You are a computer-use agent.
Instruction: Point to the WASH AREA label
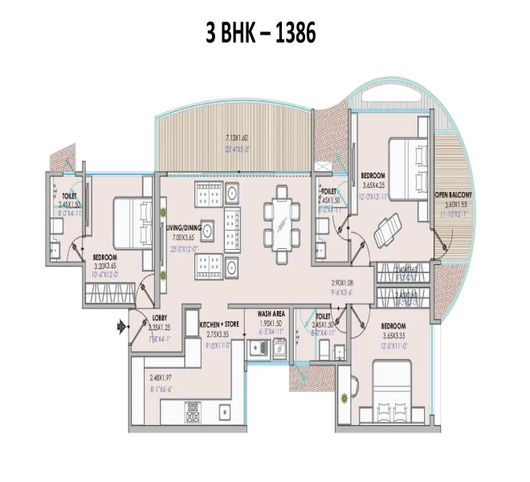273,315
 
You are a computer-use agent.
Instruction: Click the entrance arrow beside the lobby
123,326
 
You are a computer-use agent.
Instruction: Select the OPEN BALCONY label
454,195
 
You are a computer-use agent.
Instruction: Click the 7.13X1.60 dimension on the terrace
238,137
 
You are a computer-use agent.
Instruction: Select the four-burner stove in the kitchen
194,413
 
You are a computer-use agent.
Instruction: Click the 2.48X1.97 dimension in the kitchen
161,378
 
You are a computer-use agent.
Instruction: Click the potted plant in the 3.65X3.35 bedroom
344,394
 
